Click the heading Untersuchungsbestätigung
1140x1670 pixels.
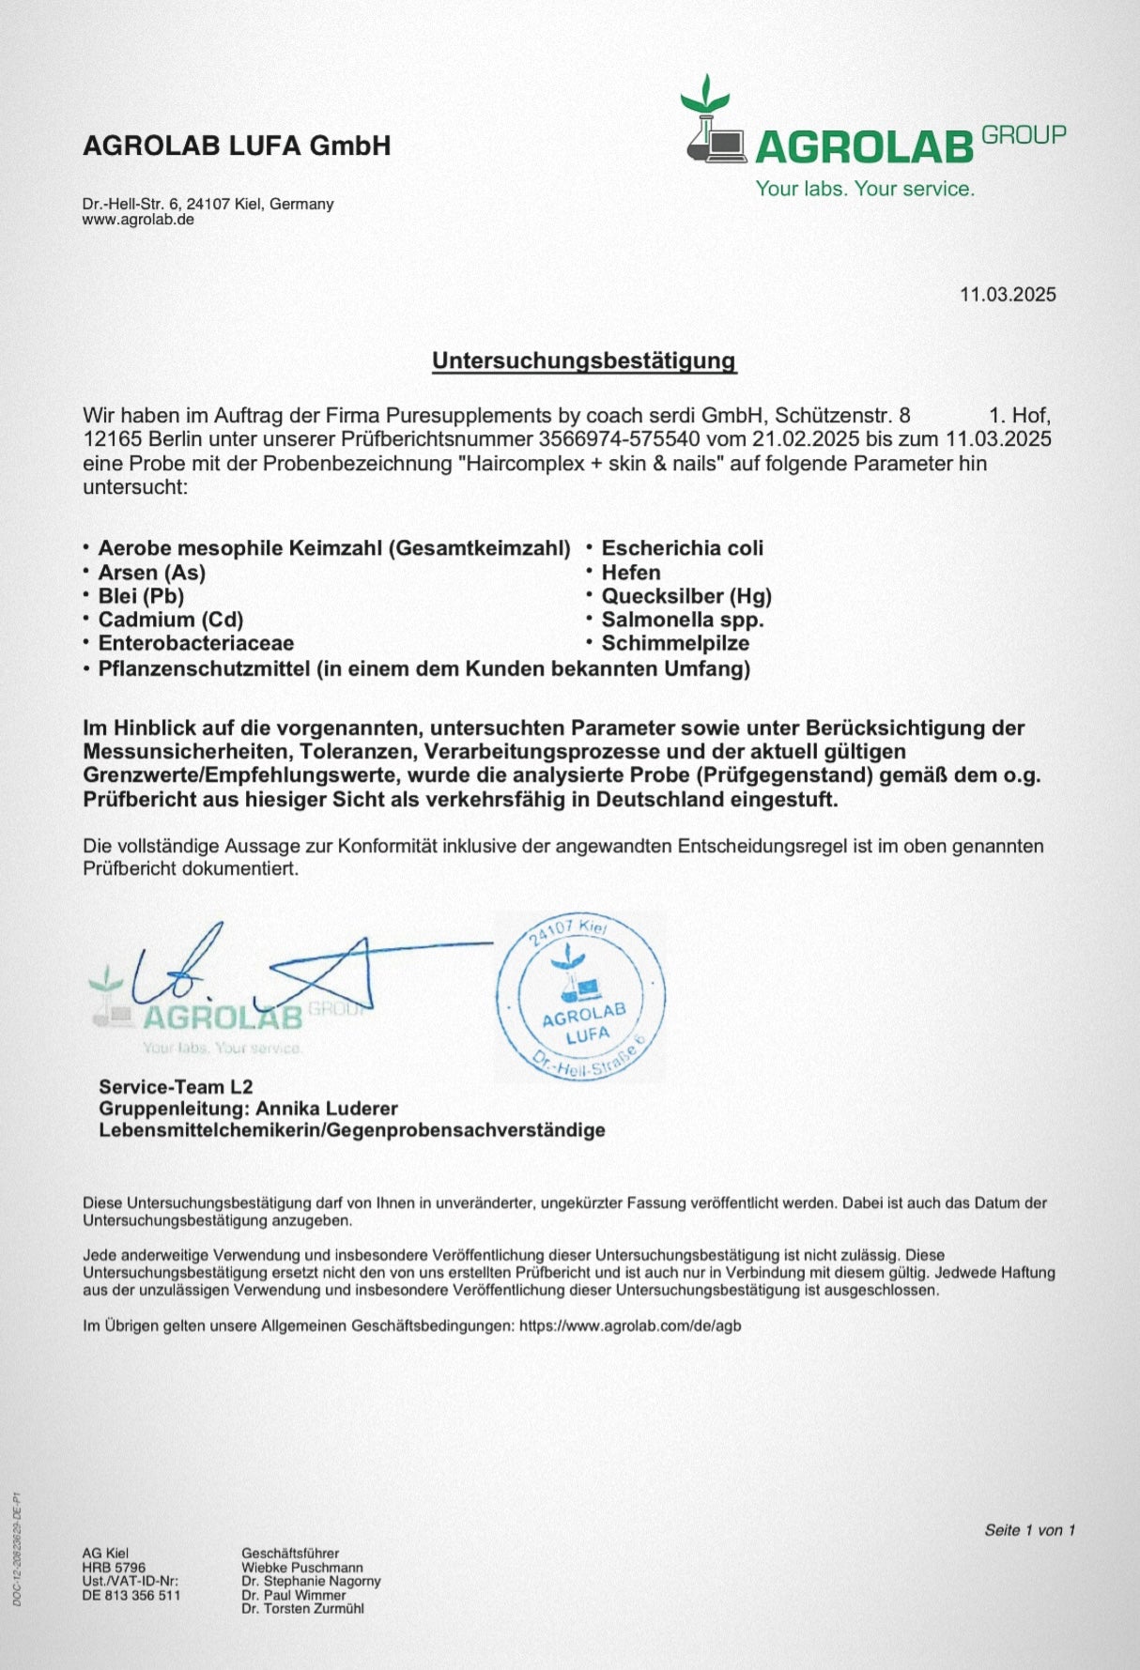[583, 360]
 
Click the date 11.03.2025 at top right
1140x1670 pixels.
[1007, 295]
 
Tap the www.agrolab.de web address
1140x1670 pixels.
[138, 220]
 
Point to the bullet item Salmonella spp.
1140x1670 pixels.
[682, 620]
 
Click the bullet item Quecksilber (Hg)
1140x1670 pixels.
[686, 596]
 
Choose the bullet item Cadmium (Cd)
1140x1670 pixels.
[170, 620]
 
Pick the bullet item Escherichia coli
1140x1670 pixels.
[682, 548]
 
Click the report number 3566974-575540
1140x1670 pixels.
[618, 439]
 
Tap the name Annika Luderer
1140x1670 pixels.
[327, 1109]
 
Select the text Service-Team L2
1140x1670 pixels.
[176, 1087]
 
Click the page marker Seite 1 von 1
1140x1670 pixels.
[1029, 1530]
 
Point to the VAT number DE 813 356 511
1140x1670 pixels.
[131, 1595]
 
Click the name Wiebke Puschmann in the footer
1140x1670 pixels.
[301, 1567]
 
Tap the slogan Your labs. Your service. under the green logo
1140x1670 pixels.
[865, 189]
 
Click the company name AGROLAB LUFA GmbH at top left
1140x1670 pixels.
[237, 146]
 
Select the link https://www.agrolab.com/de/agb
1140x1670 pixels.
[629, 1325]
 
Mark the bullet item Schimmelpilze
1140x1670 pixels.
[674, 644]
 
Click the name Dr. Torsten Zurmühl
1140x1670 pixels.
[301, 1608]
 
